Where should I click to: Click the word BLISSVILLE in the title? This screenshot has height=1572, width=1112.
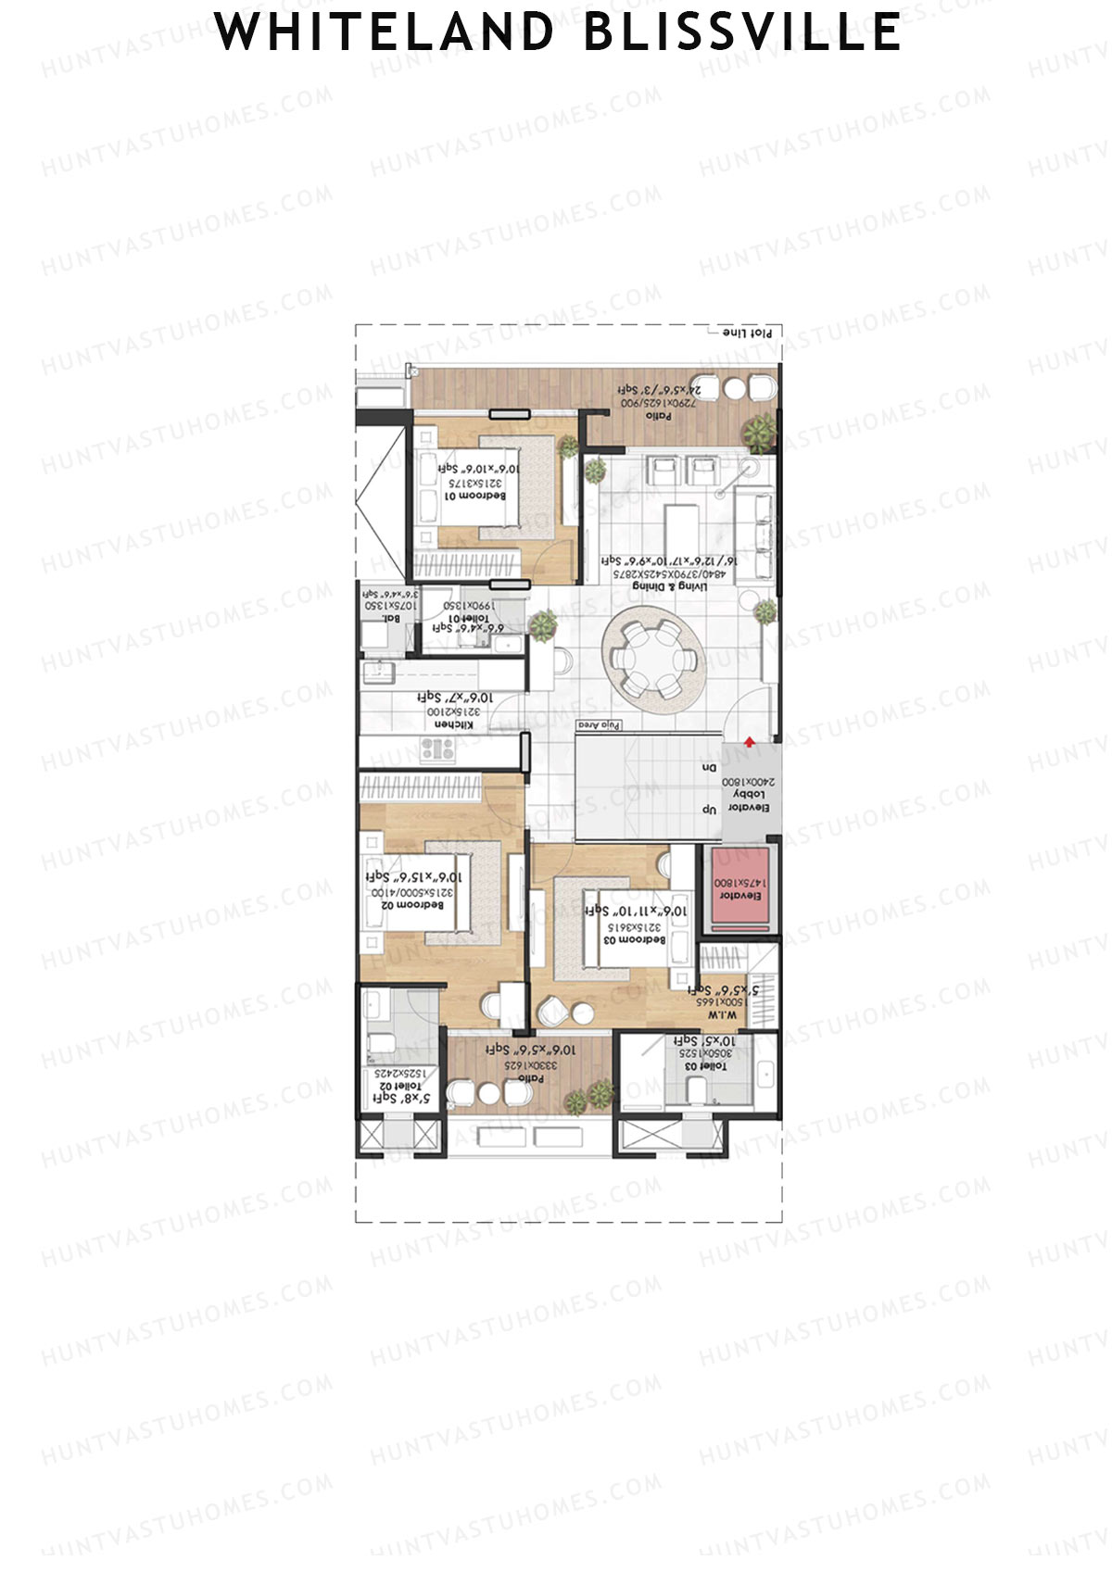pos(742,32)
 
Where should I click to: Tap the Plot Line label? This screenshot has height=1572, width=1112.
pos(747,332)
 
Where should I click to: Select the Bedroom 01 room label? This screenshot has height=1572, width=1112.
pos(475,496)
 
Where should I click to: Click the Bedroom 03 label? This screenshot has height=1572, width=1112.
pos(635,939)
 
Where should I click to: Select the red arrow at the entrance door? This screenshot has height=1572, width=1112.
pos(748,739)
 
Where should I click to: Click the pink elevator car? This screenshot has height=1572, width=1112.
pos(739,889)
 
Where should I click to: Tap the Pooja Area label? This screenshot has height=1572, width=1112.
pos(599,724)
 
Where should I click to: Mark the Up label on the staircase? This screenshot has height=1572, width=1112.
pos(709,810)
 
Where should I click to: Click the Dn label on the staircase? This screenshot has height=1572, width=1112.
pos(709,768)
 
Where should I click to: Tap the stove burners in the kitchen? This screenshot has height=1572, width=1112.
pos(436,748)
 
